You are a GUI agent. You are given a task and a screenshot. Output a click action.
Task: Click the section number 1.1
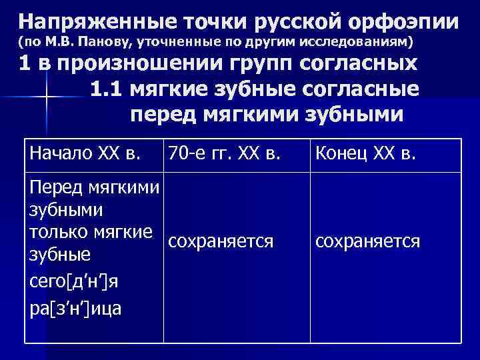107,89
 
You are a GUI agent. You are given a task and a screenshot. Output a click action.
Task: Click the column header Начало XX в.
84,155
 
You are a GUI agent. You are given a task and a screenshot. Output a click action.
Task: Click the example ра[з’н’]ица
75,308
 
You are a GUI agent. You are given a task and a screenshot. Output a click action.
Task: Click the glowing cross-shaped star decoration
47,99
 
